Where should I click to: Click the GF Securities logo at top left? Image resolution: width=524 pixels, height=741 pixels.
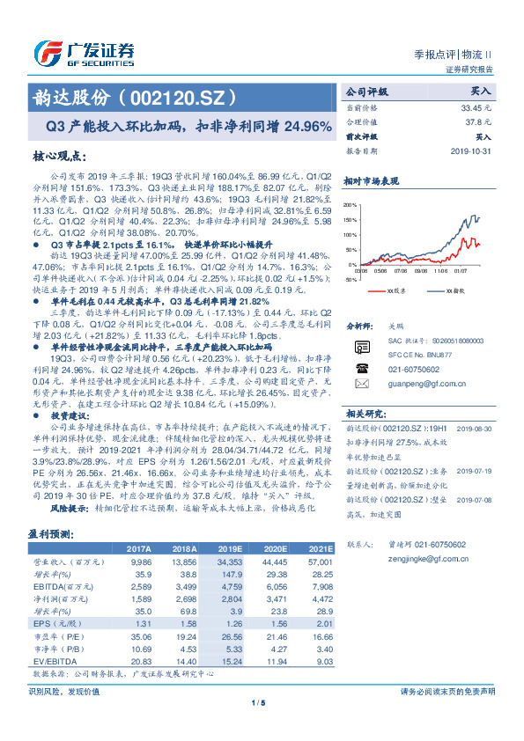84,51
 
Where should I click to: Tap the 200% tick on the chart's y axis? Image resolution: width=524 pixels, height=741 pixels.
351,205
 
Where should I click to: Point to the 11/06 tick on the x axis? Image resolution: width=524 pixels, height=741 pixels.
440,272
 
